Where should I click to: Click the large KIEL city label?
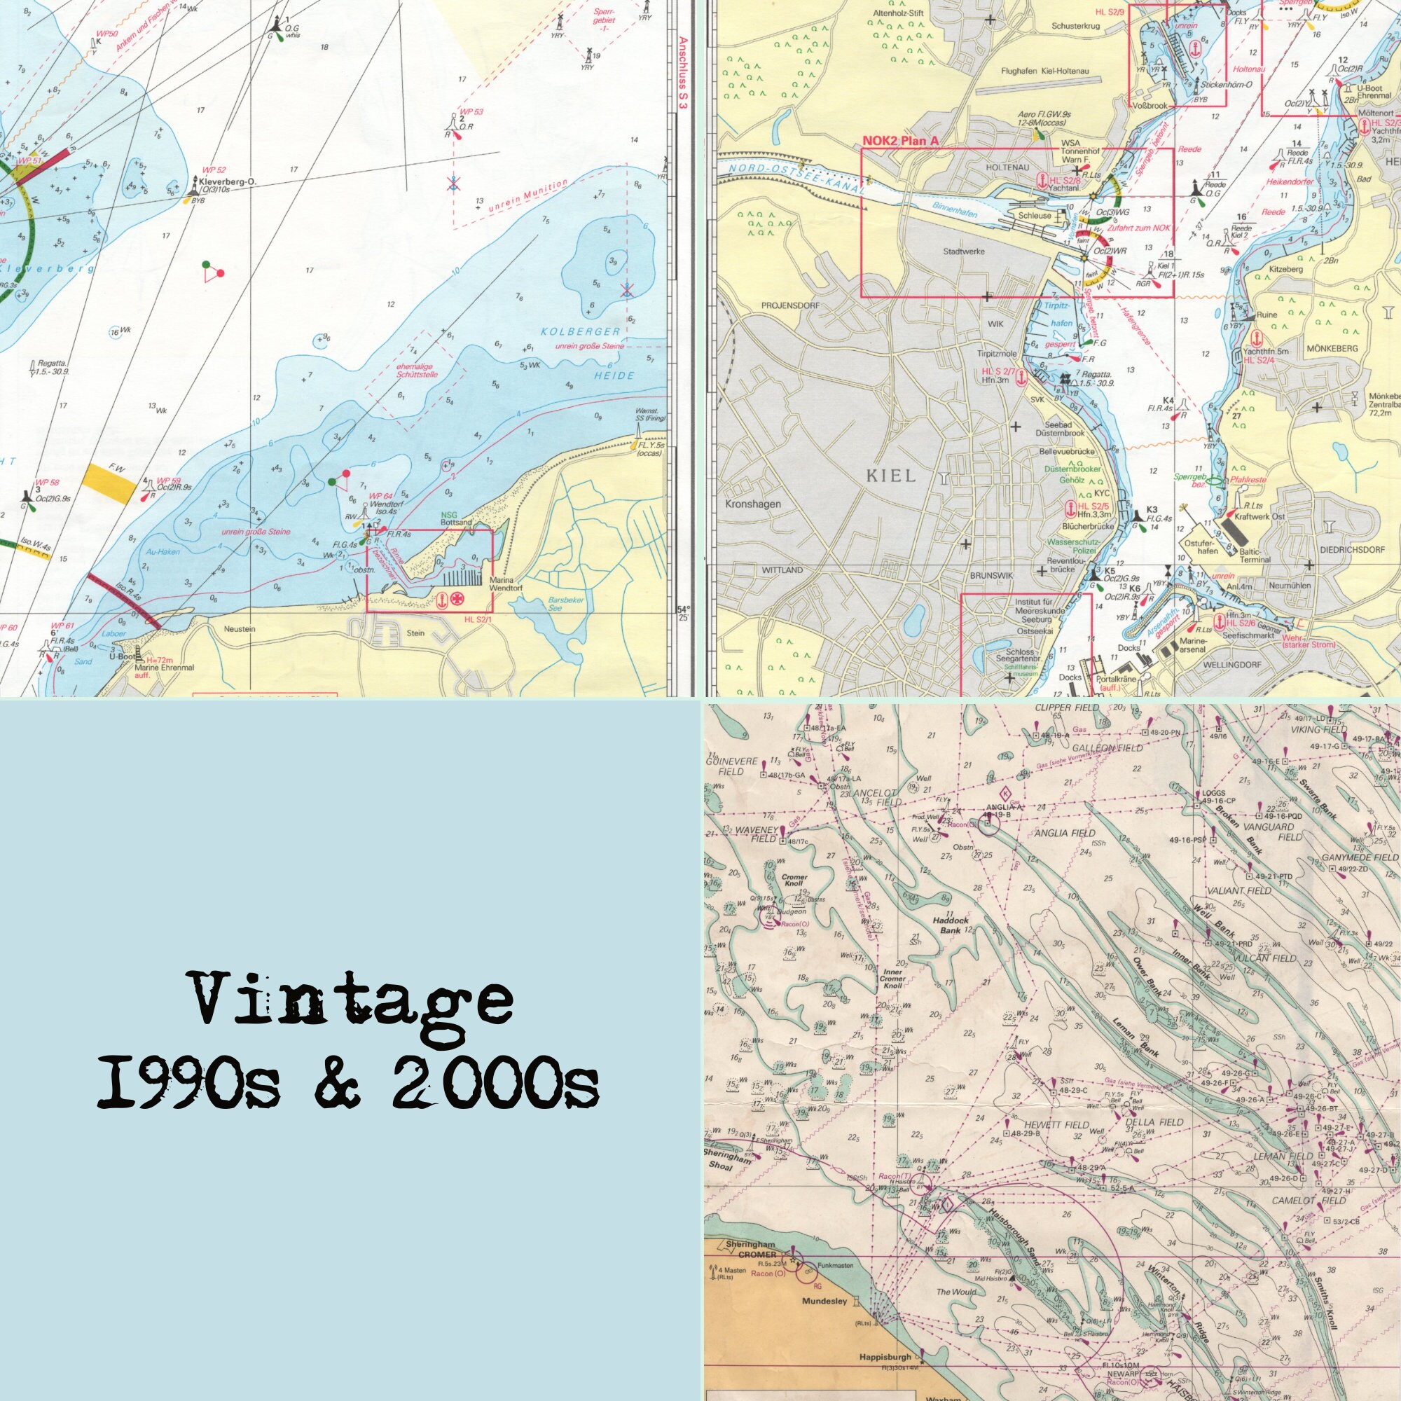tap(891, 476)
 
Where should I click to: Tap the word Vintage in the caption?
tap(353, 1002)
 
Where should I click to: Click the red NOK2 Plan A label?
tap(900, 142)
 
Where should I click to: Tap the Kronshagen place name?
tap(753, 504)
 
